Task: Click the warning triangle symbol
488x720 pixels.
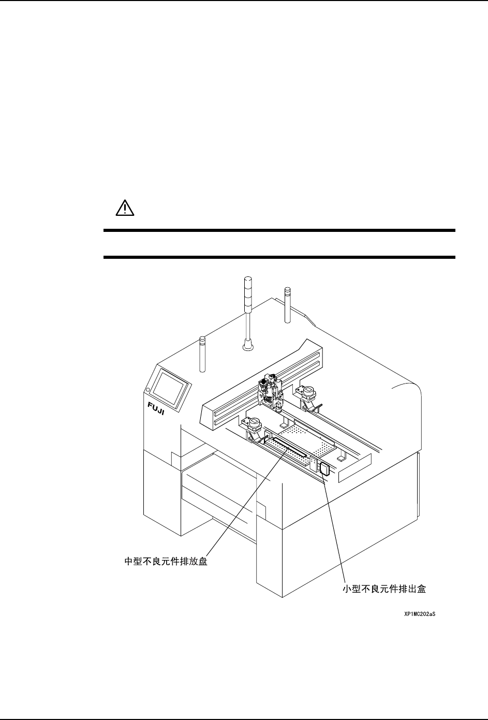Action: pos(124,209)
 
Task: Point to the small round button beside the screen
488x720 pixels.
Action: pos(148,390)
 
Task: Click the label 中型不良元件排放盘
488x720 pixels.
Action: pos(167,562)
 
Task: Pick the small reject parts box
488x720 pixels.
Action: pos(325,469)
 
